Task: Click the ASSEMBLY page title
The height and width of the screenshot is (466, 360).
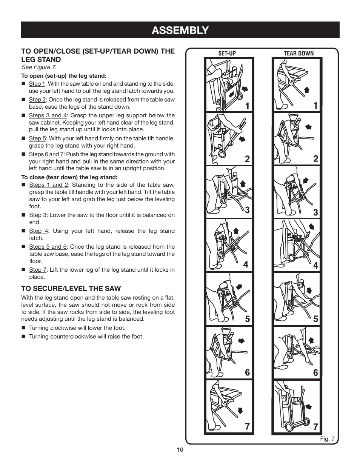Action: click(x=180, y=30)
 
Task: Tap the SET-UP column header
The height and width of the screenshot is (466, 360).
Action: click(x=227, y=53)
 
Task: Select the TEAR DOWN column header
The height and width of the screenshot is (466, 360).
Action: click(x=298, y=53)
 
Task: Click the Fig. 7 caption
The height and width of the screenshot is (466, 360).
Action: click(x=327, y=438)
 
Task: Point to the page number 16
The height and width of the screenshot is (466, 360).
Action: click(x=180, y=450)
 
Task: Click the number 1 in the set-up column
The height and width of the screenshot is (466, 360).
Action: click(x=247, y=106)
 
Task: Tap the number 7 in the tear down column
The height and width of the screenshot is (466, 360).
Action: click(x=315, y=427)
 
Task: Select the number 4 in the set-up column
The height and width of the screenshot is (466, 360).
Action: click(x=246, y=265)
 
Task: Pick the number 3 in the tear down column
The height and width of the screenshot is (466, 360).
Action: click(x=315, y=212)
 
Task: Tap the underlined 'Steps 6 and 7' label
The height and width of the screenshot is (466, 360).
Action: click(x=46, y=154)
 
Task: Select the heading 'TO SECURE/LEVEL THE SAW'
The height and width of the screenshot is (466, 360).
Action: click(x=71, y=289)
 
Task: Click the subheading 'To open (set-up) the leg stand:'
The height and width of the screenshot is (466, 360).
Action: click(x=64, y=75)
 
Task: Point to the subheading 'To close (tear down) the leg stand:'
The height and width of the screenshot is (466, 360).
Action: click(x=69, y=177)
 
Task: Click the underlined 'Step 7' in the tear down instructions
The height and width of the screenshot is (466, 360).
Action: click(x=38, y=269)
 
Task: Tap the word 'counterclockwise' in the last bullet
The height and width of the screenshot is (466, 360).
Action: click(x=73, y=336)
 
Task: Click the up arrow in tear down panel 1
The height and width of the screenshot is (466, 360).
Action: click(x=307, y=89)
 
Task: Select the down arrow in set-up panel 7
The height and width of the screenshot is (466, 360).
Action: click(x=240, y=411)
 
